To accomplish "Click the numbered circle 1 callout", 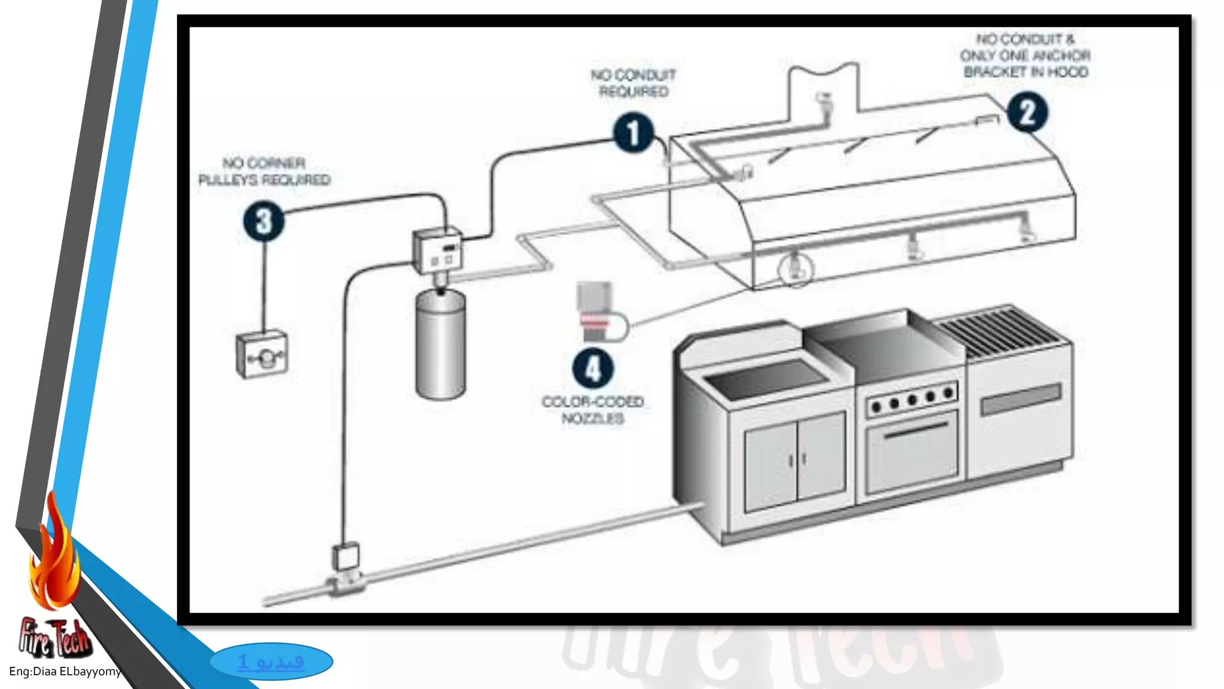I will click(x=633, y=133).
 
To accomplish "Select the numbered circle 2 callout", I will click(x=1027, y=112).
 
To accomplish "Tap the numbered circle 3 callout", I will click(x=264, y=221).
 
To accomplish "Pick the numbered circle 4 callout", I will click(x=592, y=368).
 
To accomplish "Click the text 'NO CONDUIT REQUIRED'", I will click(x=634, y=83).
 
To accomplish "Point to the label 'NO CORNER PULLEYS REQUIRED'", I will click(x=264, y=172).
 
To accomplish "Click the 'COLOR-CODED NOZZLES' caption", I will click(x=593, y=410).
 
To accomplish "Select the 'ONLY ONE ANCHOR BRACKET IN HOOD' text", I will click(x=1026, y=63).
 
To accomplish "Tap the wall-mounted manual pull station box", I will click(x=262, y=355).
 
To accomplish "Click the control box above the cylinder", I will click(x=437, y=251).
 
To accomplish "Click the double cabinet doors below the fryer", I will click(x=795, y=460).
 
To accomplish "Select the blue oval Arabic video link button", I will click(x=271, y=661).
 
